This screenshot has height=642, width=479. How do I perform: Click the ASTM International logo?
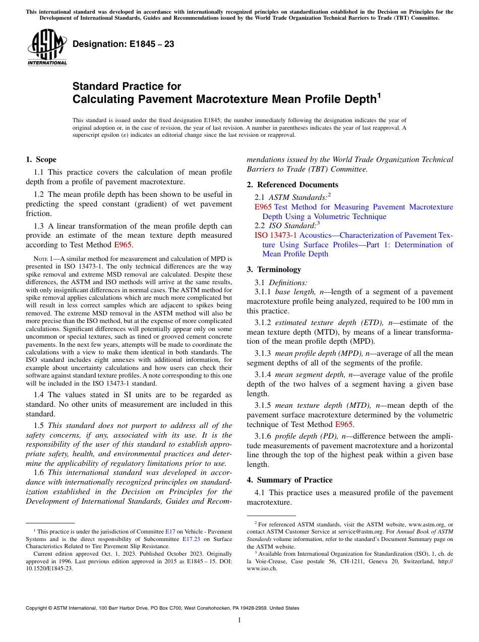47,47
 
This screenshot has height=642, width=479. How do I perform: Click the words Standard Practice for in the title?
127,86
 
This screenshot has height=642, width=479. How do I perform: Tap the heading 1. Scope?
41,159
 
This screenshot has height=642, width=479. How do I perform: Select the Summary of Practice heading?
289,480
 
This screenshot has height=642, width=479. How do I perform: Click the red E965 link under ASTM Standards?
263,207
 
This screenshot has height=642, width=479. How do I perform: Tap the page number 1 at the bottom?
239,620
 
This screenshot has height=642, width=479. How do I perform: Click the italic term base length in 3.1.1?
292,292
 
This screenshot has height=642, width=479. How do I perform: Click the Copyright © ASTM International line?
162,608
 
